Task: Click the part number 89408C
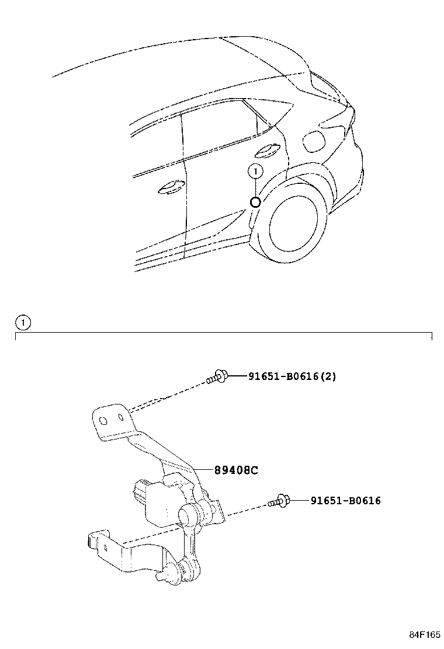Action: (x=236, y=470)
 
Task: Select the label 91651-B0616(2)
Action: (x=292, y=376)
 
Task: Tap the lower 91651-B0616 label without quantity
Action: (x=345, y=500)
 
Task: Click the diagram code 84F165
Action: (x=425, y=635)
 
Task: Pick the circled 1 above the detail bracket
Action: (x=23, y=322)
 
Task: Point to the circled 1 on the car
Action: (x=255, y=170)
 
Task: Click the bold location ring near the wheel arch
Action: (x=255, y=202)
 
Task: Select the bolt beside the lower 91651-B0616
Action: (x=279, y=501)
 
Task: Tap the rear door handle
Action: (x=268, y=152)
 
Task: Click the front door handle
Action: (x=172, y=187)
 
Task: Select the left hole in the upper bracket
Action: (x=103, y=421)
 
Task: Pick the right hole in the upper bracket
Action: (x=121, y=417)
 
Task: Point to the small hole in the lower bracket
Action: (x=106, y=549)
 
